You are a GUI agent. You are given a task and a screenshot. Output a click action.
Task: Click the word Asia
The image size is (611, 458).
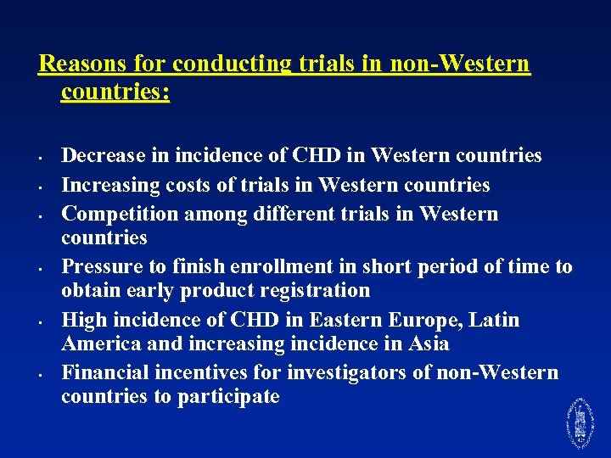[x=427, y=344]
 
